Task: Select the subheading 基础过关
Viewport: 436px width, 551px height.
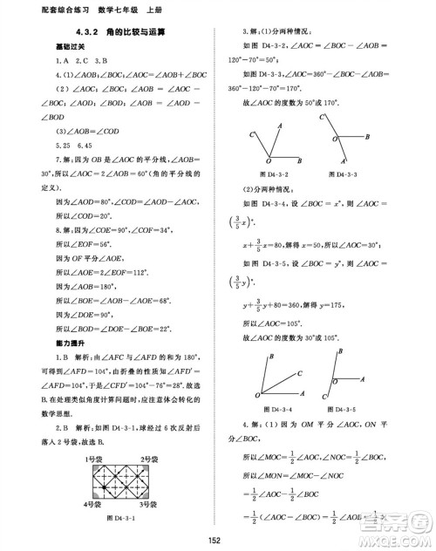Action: (63, 46)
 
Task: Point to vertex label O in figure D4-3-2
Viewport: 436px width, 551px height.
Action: (267, 162)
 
